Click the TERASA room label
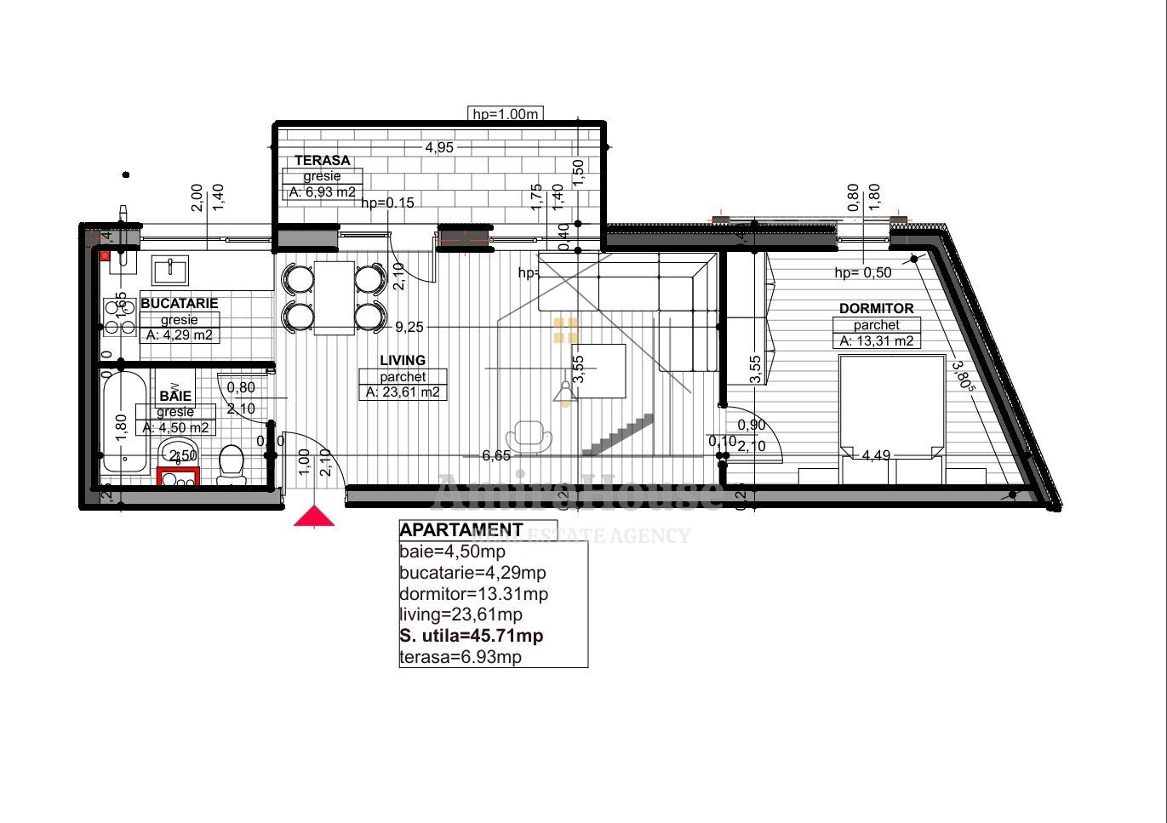(322, 160)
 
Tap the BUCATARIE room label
(179, 303)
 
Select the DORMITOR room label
(876, 309)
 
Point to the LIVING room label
(403, 361)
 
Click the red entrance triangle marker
(314, 516)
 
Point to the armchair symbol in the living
(534, 435)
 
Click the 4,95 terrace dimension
(439, 147)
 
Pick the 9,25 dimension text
(409, 327)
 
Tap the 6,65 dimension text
(496, 456)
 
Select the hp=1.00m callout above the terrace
(506, 114)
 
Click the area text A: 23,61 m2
(403, 392)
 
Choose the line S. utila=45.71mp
(471, 636)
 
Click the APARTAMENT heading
(461, 530)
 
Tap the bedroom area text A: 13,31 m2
(876, 341)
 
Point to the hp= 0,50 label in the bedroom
(862, 273)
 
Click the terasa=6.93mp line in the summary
(460, 657)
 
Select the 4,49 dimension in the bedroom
(876, 455)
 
